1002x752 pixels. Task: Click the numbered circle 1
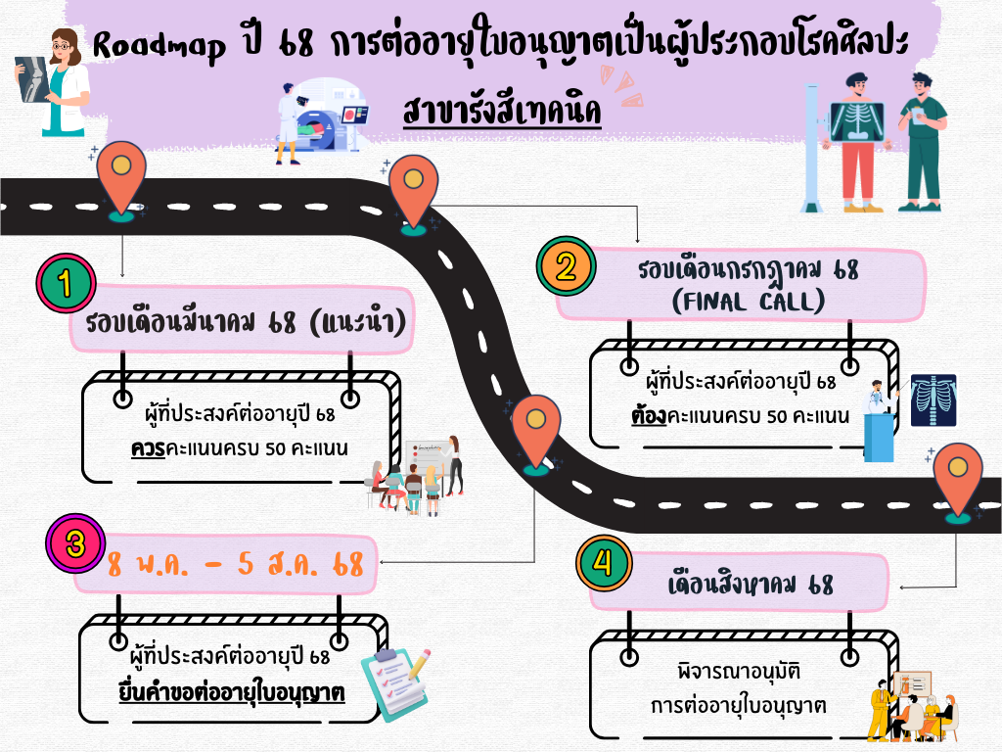pyautogui.click(x=66, y=284)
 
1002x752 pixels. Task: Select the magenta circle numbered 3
pyautogui.click(x=75, y=545)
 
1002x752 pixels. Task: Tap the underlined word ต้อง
pyautogui.click(x=648, y=415)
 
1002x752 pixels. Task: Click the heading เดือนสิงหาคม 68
pyautogui.click(x=750, y=586)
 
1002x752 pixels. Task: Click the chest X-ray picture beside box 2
pyautogui.click(x=932, y=399)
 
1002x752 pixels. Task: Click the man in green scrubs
pyautogui.click(x=923, y=142)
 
